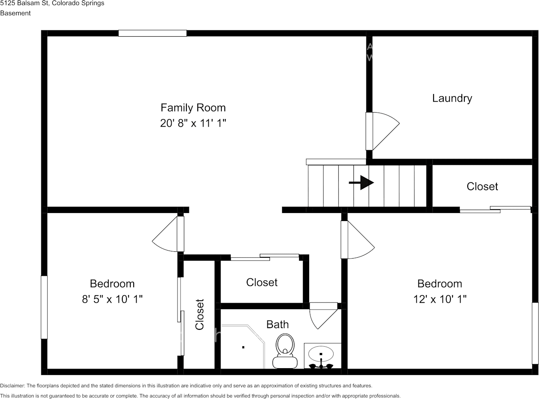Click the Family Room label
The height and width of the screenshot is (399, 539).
(193, 108)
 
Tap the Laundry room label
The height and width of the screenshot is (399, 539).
(452, 98)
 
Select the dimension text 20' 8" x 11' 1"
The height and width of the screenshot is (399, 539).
(193, 124)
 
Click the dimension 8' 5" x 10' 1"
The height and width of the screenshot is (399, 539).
(112, 299)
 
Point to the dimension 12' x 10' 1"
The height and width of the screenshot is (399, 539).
(440, 299)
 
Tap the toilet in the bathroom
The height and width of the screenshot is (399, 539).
(285, 350)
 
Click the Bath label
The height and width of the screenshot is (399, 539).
(278, 324)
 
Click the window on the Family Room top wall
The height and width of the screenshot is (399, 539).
(152, 33)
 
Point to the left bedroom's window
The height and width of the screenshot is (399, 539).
(44, 307)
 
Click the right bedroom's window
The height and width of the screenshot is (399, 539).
(535, 333)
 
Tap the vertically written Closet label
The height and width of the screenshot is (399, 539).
(199, 314)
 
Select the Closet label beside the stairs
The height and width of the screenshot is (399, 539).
(482, 186)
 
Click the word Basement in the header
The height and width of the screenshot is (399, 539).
(16, 13)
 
